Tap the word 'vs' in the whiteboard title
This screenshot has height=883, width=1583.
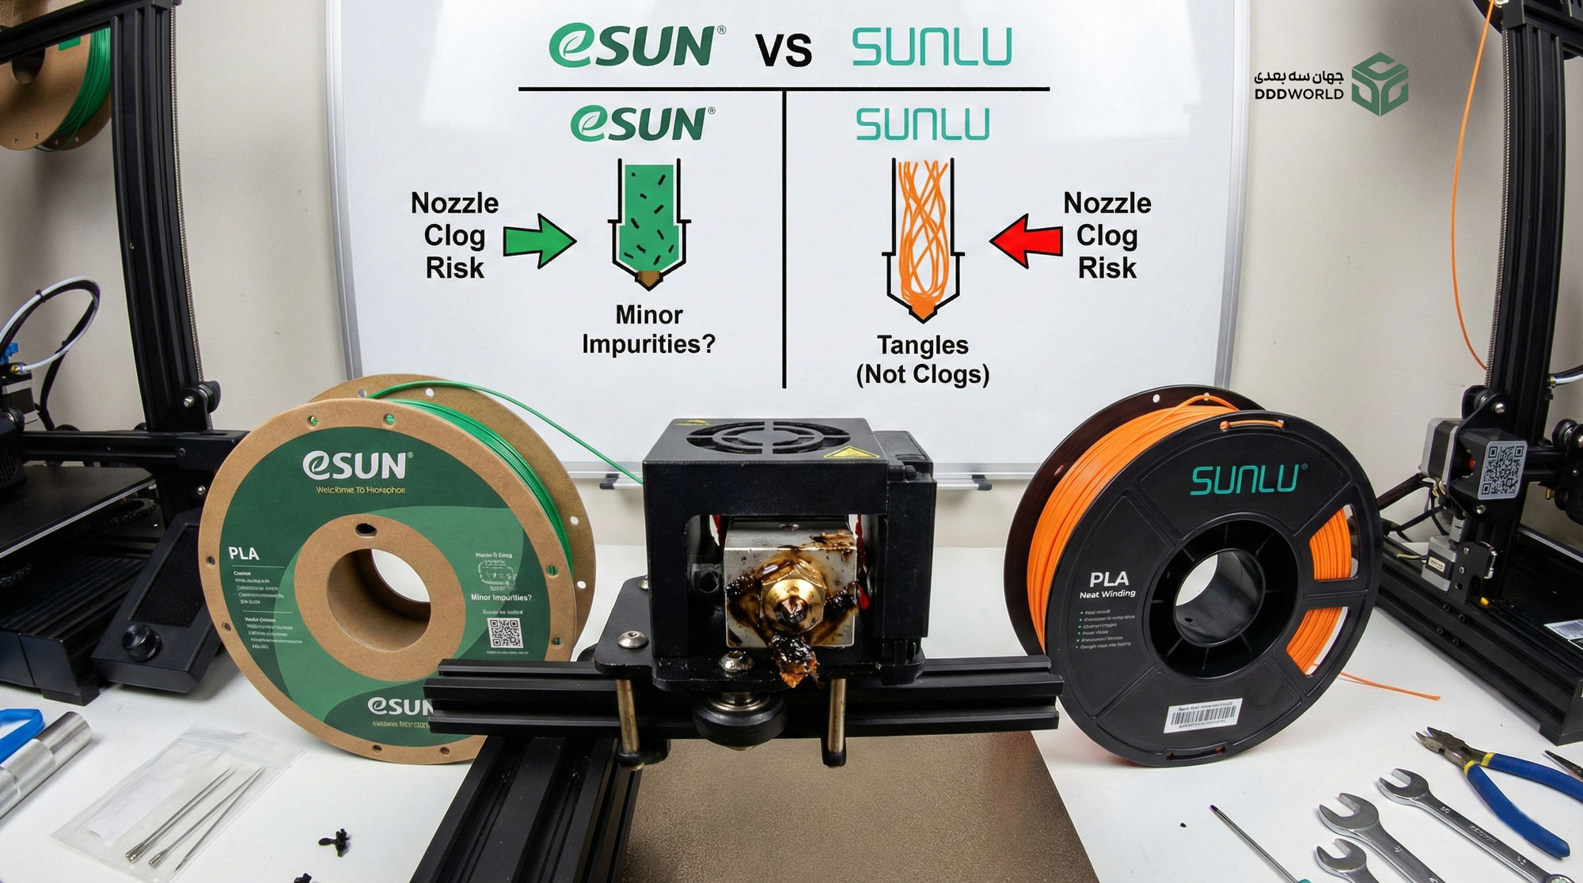784,49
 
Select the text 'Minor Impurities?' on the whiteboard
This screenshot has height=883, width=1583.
648,329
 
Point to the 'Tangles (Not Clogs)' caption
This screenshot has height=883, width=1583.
923,359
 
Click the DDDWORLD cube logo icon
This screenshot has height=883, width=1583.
1380,85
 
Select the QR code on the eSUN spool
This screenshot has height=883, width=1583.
504,633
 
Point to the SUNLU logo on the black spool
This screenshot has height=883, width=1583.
1244,479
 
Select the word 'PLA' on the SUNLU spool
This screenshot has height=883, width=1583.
1109,579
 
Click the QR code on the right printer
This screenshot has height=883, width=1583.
1501,471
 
